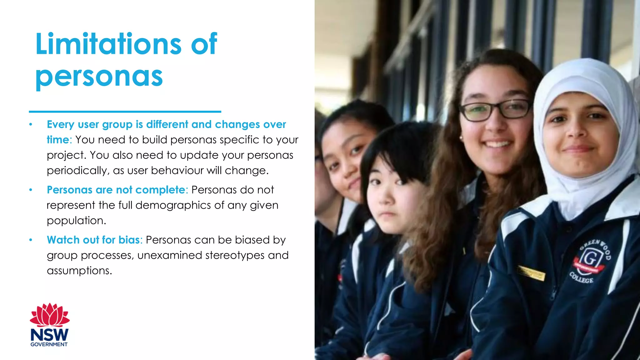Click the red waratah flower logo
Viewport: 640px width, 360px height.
click(x=50, y=315)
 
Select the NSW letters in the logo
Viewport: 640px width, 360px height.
click(x=49, y=335)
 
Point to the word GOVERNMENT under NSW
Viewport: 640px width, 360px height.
click(x=49, y=344)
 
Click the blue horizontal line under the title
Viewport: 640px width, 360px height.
click(x=125, y=111)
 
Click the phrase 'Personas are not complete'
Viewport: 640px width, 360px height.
click(x=116, y=190)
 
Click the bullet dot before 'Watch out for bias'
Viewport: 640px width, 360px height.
click(x=31, y=240)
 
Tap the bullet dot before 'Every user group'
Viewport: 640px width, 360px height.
click(x=31, y=124)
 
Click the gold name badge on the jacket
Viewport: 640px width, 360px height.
click(x=531, y=272)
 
